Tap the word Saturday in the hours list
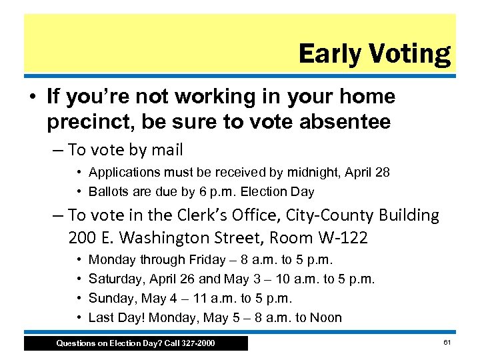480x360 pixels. click(114, 279)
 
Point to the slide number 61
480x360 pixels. click(446, 342)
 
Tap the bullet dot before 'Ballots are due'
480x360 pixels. click(80, 191)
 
